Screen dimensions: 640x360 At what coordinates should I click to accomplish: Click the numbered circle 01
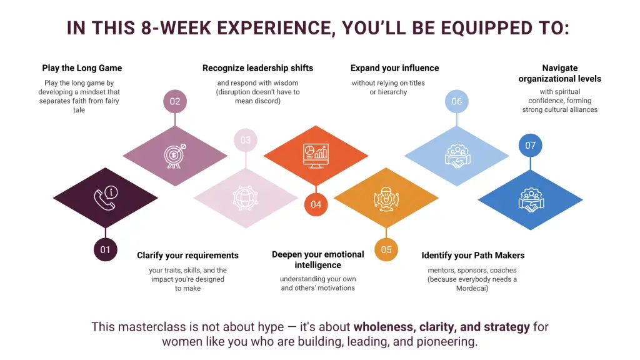tap(105, 249)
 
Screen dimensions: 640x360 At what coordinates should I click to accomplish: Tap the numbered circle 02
tap(175, 101)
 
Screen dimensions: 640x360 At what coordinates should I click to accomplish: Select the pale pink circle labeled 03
tap(245, 140)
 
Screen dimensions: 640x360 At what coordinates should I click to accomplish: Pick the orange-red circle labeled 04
tap(316, 204)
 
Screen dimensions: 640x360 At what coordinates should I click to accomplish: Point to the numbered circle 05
tap(386, 249)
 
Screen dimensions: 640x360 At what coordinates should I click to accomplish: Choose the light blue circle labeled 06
tap(457, 101)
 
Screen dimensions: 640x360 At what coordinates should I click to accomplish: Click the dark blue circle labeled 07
tap(530, 145)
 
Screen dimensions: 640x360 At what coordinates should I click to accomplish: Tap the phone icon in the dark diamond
tap(106, 198)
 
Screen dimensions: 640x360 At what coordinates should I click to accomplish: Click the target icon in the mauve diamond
tap(175, 156)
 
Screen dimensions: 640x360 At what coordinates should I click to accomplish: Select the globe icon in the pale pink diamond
tap(245, 198)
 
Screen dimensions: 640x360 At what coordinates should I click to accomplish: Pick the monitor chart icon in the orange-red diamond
tap(316, 156)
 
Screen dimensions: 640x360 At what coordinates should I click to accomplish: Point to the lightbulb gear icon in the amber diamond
tap(386, 199)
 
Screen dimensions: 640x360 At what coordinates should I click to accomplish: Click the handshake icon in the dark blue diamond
tap(531, 199)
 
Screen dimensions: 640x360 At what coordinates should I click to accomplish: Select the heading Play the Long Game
tap(82, 68)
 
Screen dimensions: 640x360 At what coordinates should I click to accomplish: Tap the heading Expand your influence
tap(395, 68)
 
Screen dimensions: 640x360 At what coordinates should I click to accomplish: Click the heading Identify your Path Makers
tap(473, 256)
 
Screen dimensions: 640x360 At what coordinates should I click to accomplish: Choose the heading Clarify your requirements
tap(187, 256)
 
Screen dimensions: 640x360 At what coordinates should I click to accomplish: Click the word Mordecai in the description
tap(471, 288)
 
